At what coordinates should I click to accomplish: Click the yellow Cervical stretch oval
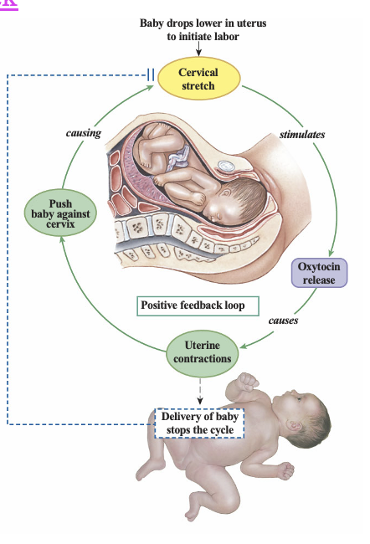[x=199, y=79]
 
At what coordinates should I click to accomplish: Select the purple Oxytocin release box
[x=319, y=273]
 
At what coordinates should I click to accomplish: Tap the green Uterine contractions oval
[x=203, y=353]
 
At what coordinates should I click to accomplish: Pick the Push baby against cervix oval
[x=60, y=213]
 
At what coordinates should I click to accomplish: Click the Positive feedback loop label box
[x=198, y=305]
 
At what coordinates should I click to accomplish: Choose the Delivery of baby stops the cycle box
[x=199, y=423]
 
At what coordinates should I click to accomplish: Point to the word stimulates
[x=302, y=135]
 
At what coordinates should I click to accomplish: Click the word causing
[x=84, y=133]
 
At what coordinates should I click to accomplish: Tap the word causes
[x=283, y=321]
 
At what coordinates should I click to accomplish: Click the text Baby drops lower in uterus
[x=203, y=23]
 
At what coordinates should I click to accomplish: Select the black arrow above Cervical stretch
[x=198, y=49]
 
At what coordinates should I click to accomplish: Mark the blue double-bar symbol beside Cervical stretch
[x=151, y=74]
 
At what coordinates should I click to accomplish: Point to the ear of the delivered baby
[x=295, y=424]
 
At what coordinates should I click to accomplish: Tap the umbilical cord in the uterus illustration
[x=179, y=158]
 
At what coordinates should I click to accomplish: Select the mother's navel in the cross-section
[x=226, y=167]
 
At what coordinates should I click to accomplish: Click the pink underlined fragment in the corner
[x=9, y=5]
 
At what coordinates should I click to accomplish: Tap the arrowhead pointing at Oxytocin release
[x=331, y=253]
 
